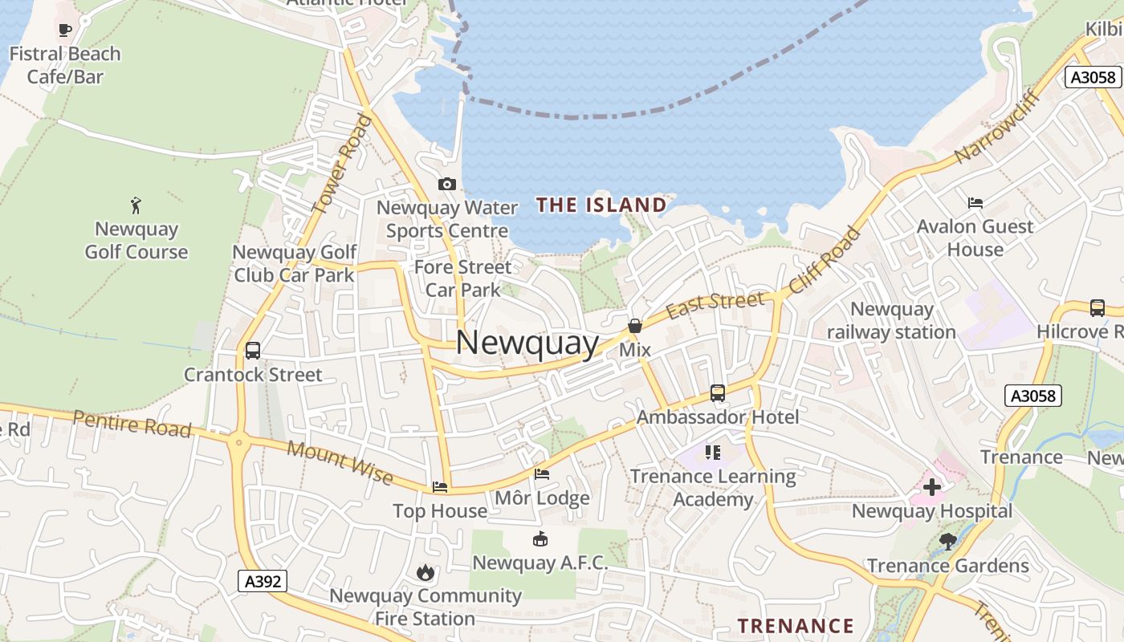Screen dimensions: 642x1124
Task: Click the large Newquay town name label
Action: pos(527,343)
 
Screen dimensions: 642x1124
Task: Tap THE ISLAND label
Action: pos(601,205)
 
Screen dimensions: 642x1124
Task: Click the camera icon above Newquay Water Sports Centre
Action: pos(447,185)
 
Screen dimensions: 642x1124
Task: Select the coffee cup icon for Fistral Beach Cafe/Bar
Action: pos(66,30)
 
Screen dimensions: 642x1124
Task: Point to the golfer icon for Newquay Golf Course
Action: pos(136,205)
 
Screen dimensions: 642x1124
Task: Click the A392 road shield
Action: pos(263,580)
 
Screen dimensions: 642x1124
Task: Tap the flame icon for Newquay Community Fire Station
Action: pos(425,572)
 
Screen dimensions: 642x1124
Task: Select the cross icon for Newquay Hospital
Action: pos(932,487)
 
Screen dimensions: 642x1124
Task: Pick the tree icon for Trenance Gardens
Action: pos(948,542)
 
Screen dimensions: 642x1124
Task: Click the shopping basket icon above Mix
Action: pos(635,326)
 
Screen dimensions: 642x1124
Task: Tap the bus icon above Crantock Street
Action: pos(253,351)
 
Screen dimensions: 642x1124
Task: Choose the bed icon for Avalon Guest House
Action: pos(975,202)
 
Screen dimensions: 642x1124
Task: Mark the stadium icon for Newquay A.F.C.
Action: pos(540,538)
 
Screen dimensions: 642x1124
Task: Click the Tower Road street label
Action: pos(342,165)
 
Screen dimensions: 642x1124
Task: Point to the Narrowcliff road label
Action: pos(998,128)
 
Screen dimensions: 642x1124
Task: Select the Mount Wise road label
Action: pos(340,463)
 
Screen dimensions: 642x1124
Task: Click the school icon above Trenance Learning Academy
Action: pos(713,453)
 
